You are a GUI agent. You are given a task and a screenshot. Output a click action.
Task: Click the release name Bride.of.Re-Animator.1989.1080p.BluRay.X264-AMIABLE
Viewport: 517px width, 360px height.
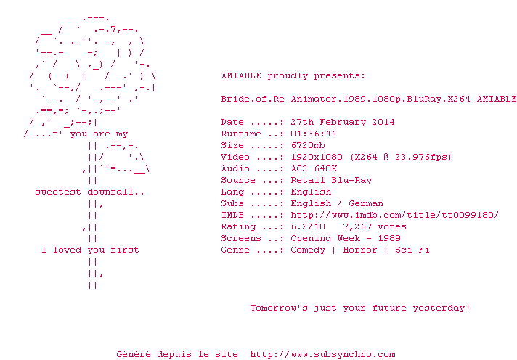[x=369, y=99]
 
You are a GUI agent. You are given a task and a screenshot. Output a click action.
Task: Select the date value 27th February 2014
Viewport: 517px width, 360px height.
[x=343, y=122]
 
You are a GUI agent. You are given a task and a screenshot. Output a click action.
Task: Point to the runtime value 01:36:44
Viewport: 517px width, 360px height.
[x=314, y=134]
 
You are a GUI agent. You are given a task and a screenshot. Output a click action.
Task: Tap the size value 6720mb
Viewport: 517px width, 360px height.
[x=308, y=145]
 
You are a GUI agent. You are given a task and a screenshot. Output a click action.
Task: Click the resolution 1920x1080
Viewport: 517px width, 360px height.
[x=317, y=157]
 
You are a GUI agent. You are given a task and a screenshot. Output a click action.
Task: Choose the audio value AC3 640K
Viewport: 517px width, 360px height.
[x=314, y=168]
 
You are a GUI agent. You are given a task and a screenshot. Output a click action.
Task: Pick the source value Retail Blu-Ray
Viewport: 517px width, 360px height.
[x=331, y=180]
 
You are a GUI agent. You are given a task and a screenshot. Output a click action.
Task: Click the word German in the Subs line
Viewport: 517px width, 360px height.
[x=366, y=203]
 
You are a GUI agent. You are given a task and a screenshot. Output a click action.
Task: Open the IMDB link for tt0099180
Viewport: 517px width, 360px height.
[x=395, y=215]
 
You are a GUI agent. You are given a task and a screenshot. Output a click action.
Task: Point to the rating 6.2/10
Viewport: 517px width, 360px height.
[x=308, y=226]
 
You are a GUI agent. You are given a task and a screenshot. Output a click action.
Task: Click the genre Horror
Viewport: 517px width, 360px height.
[x=359, y=250]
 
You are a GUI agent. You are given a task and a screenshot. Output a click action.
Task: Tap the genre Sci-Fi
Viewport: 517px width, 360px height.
[x=412, y=250]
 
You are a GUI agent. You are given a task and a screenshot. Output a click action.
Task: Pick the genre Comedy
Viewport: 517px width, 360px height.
[x=308, y=250]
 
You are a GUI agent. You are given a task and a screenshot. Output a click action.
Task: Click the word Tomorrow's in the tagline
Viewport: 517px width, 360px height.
[x=279, y=308]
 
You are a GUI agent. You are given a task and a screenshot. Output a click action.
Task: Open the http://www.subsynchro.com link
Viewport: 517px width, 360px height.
[x=322, y=354]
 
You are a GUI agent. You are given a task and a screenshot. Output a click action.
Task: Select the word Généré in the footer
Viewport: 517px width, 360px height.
[x=134, y=354]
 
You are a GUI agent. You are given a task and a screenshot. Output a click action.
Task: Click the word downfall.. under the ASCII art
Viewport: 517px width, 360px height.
[x=115, y=192]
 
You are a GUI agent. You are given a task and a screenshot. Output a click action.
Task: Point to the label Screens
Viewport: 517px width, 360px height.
[x=241, y=238]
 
